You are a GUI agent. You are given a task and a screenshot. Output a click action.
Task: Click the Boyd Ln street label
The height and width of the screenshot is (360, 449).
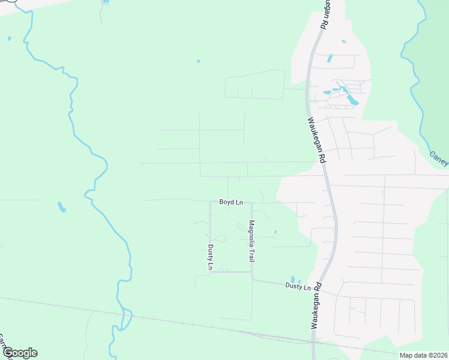[231, 202]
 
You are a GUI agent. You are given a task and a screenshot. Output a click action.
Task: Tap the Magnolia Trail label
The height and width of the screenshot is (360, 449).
[252, 241]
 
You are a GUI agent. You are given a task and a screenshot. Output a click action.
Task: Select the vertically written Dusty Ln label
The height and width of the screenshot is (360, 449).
[210, 257]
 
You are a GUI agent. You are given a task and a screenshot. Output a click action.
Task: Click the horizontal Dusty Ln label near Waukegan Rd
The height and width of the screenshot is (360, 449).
[298, 287]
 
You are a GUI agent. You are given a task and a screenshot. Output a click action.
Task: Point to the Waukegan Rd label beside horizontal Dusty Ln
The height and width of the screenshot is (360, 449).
[316, 305]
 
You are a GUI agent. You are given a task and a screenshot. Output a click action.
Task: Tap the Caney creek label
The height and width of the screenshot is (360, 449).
[439, 158]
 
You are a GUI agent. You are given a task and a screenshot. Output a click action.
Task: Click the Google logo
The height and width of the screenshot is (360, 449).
[20, 353]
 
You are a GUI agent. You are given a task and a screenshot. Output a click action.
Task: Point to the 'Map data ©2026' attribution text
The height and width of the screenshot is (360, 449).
[423, 355]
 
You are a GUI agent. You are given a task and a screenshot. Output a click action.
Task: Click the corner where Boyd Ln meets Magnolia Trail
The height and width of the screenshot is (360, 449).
[252, 203]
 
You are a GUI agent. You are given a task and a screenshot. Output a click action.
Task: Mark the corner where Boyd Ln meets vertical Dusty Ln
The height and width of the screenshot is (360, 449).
[209, 203]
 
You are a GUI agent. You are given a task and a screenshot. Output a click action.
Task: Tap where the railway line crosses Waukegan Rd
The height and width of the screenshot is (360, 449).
[313, 343]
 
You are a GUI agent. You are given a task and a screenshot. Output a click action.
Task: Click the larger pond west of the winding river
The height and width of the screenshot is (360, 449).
[61, 208]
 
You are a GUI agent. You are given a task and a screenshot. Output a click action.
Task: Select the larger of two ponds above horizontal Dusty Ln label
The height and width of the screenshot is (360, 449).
[293, 280]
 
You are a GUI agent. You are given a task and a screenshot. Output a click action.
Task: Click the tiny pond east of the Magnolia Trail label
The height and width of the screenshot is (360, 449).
[275, 232]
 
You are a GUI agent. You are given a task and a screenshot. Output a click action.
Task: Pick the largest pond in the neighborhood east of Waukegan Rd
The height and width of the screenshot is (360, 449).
[352, 100]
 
